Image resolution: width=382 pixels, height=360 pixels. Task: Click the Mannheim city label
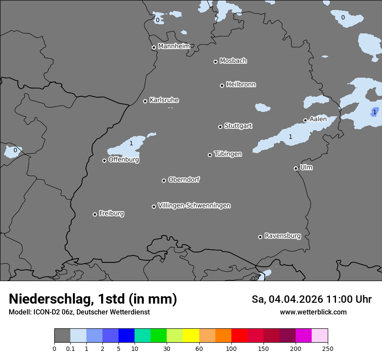pos(174,46)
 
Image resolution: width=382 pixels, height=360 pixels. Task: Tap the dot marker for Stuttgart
pos(220,127)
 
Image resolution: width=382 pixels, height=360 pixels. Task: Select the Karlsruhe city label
pos(164,100)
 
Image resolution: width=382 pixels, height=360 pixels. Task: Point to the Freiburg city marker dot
pos(95,214)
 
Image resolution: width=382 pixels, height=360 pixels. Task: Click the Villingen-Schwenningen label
pos(194,206)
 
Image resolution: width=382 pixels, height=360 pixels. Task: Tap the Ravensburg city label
pos(283,236)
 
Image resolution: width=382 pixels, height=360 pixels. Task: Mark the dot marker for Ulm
pos(296,168)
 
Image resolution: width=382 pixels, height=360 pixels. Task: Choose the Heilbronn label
pos(241,85)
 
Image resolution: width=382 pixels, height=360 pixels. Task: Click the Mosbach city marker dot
pos(215,62)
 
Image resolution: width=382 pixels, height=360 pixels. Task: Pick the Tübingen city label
pos(228,154)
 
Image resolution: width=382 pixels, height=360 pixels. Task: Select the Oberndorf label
pos(184,180)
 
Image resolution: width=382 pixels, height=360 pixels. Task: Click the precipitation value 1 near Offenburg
pos(131,143)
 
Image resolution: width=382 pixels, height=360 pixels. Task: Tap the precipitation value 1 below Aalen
pos(290,137)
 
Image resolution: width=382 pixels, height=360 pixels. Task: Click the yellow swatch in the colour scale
pos(191,336)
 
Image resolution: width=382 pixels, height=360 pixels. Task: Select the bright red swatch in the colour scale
pos(239,336)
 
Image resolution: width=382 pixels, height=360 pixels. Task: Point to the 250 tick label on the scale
pos(328,348)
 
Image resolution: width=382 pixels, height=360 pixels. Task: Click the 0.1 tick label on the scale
pos(70,348)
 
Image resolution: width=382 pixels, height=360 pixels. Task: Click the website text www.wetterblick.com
pos(313,312)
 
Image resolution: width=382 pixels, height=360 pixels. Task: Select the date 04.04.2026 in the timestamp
pos(295,299)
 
